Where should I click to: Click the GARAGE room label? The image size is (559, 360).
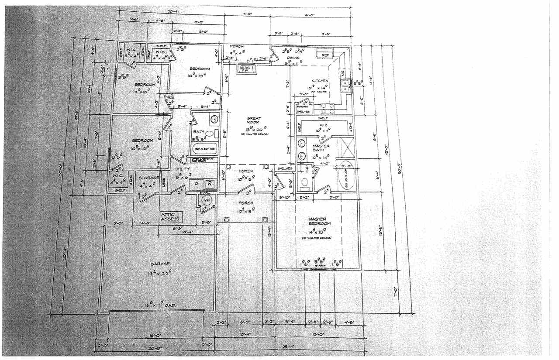pyautogui.click(x=161, y=264)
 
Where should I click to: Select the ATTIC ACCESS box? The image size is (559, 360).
pyautogui.click(x=171, y=217)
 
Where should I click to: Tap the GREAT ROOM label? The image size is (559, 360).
pyautogui.click(x=254, y=120)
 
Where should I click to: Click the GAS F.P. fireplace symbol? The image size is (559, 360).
pyautogui.click(x=245, y=69)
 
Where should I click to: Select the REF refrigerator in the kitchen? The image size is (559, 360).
pyautogui.click(x=325, y=55)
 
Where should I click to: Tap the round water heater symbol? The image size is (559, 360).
pyautogui.click(x=207, y=200)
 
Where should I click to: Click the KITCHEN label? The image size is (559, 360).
pyautogui.click(x=319, y=81)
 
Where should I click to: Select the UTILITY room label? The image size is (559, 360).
pyautogui.click(x=183, y=169)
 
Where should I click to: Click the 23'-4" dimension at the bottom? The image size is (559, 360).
pyautogui.click(x=288, y=347)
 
